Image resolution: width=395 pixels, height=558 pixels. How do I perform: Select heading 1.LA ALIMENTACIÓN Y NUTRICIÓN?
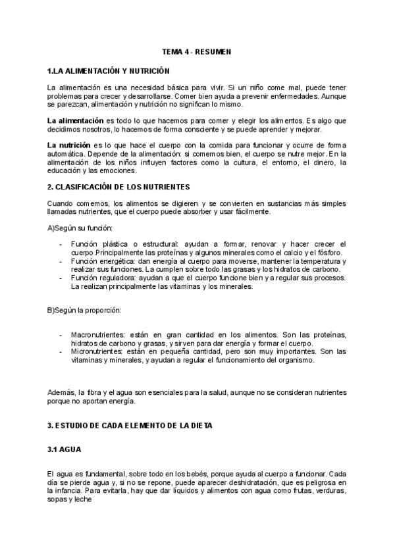109,70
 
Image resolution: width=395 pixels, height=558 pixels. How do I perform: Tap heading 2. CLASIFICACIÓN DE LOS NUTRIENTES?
118,187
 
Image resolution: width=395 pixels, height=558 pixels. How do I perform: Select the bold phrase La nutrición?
68,145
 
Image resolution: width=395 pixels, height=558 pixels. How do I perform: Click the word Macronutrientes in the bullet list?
99,335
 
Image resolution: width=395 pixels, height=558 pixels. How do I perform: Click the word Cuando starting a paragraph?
61,203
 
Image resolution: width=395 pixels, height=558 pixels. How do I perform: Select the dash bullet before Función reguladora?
61,278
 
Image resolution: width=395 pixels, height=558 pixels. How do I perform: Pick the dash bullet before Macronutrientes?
61,335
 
